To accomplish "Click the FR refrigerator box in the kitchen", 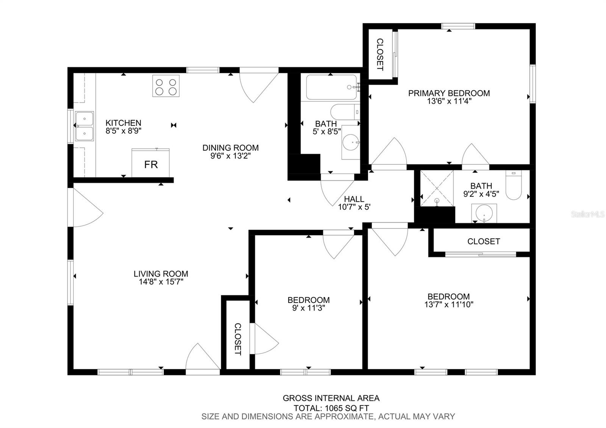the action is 150,163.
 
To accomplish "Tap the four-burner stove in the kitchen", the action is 166,86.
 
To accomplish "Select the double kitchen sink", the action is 84,126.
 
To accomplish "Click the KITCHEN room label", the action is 123,123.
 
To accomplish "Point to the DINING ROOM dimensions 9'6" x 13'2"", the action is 231,156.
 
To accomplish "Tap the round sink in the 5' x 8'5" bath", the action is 351,142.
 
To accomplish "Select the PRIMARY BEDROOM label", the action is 449,93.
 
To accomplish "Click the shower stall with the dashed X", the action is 437,188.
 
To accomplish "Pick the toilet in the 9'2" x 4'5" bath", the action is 514,185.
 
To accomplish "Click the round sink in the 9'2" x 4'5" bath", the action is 484,213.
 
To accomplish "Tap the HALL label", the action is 354,199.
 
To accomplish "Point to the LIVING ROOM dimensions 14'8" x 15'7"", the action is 161,282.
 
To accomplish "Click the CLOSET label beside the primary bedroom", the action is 380,55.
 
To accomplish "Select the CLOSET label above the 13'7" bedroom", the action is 484,241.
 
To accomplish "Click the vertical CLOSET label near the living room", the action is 237,339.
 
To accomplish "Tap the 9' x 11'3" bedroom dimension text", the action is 308,308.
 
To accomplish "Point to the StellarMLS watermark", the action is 587,214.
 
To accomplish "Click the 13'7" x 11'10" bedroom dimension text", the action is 448,305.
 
